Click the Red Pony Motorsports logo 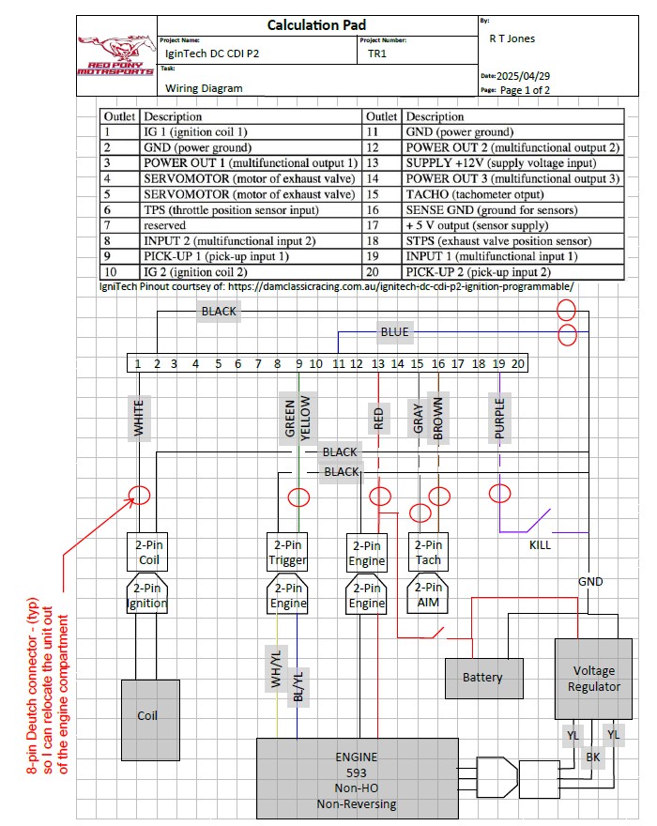(116, 55)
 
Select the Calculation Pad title (316, 25)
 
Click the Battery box (482, 677)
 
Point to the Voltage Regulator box (593, 678)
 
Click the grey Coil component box (147, 715)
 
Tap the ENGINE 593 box (357, 779)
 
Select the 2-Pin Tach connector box (428, 552)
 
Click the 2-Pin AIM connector (428, 595)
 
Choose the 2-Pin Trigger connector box (287, 552)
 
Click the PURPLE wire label (500, 419)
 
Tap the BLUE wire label (394, 331)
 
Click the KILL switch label (540, 544)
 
